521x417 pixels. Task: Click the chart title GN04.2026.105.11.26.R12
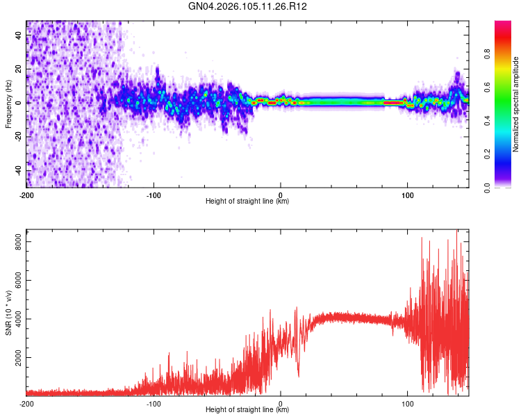pyautogui.click(x=248, y=7)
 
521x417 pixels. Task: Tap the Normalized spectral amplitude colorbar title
pyautogui.click(x=516, y=104)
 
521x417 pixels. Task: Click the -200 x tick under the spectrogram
pyautogui.click(x=26, y=195)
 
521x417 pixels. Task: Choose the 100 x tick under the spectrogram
pyautogui.click(x=408, y=195)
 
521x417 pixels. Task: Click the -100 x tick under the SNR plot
pyautogui.click(x=154, y=403)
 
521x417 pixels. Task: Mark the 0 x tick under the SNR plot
pyautogui.click(x=281, y=403)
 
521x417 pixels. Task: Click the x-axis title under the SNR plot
pyautogui.click(x=247, y=410)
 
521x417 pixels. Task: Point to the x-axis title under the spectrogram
pyautogui.click(x=247, y=202)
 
